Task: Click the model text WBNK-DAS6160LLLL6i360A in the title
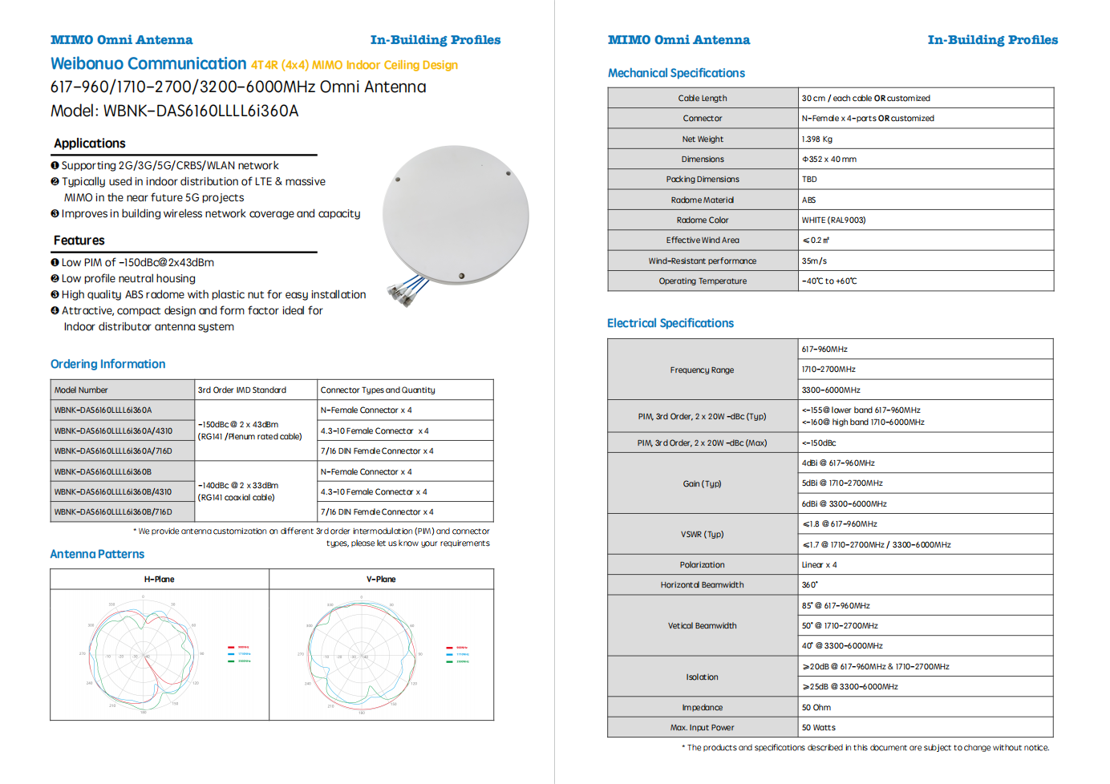(x=201, y=111)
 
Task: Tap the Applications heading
(x=90, y=143)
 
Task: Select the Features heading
(x=79, y=240)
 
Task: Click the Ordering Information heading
(x=108, y=364)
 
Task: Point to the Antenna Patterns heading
(x=97, y=554)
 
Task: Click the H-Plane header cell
(x=160, y=579)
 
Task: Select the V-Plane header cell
(x=381, y=579)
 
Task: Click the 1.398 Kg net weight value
(x=817, y=139)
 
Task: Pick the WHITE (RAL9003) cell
(x=833, y=220)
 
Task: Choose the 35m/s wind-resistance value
(x=814, y=261)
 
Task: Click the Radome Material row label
(x=703, y=200)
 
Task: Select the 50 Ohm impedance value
(x=816, y=707)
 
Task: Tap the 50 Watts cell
(x=819, y=727)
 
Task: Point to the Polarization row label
(x=703, y=564)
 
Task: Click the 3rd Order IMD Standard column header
(x=242, y=390)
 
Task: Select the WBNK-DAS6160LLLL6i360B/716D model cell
(x=113, y=511)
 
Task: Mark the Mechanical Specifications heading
(x=676, y=73)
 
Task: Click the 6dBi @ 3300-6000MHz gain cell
(x=845, y=503)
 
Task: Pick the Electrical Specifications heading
(x=670, y=323)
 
